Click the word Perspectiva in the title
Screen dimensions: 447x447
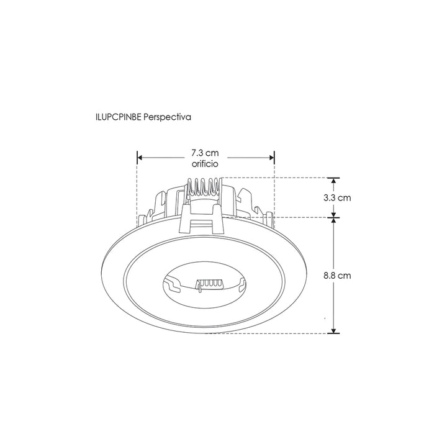(167, 116)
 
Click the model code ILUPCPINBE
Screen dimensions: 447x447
(118, 116)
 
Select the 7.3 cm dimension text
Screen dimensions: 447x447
(205, 153)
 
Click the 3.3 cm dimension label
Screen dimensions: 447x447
(337, 198)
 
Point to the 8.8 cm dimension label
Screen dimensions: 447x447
(337, 276)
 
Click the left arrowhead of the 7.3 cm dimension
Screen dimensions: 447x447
(140, 158)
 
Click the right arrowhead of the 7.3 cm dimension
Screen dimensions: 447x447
(271, 158)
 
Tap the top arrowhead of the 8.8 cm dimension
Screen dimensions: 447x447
(334, 221)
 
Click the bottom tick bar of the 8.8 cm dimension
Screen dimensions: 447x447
(334, 333)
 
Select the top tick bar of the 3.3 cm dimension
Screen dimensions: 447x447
(334, 178)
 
